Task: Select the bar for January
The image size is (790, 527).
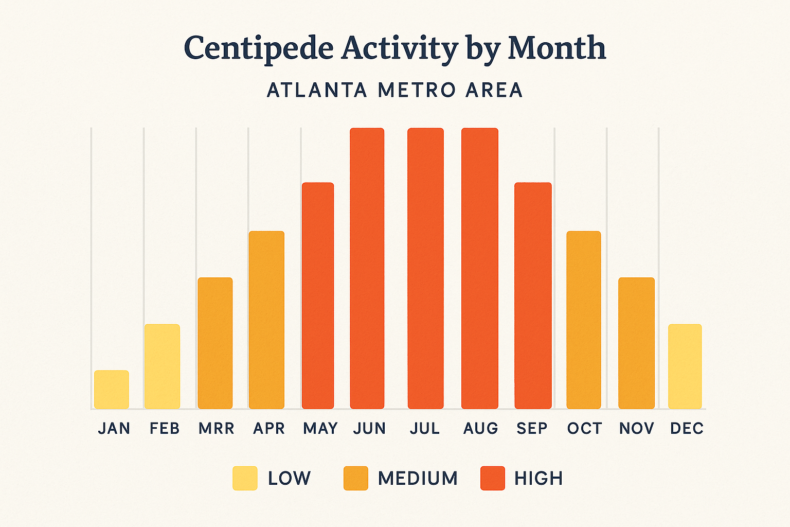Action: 112,390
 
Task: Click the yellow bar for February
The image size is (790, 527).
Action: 162,366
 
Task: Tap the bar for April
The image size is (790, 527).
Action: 266,320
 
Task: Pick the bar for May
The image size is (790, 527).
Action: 318,295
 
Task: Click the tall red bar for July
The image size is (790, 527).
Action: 425,268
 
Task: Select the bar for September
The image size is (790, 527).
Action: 533,295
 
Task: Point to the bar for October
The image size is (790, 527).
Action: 584,320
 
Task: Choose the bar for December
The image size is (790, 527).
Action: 685,366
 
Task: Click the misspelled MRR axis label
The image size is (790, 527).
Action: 217,428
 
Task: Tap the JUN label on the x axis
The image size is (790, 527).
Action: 369,428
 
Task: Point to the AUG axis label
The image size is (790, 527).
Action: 481,428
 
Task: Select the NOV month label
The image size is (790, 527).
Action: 636,428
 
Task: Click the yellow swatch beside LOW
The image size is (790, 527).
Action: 245,478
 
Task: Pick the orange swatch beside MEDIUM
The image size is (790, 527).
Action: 356,478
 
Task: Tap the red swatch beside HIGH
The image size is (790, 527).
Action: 493,478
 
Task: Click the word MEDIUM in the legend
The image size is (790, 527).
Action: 418,478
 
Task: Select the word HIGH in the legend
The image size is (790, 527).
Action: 538,478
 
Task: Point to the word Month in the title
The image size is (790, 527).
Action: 557,48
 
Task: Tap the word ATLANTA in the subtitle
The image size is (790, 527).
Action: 317,90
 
